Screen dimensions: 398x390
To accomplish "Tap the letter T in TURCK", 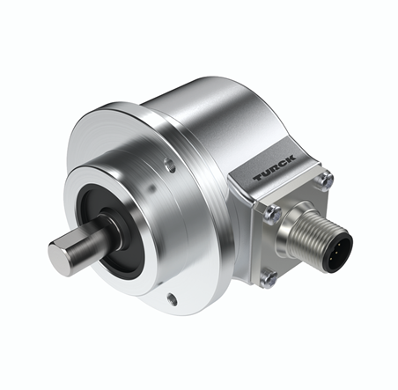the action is point(259,177).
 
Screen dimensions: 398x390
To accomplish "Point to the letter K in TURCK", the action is point(290,158).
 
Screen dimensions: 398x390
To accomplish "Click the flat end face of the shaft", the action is point(61,259).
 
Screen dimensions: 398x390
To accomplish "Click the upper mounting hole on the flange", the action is point(170,165).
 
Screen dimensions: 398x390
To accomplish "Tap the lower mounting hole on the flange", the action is point(173,299).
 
